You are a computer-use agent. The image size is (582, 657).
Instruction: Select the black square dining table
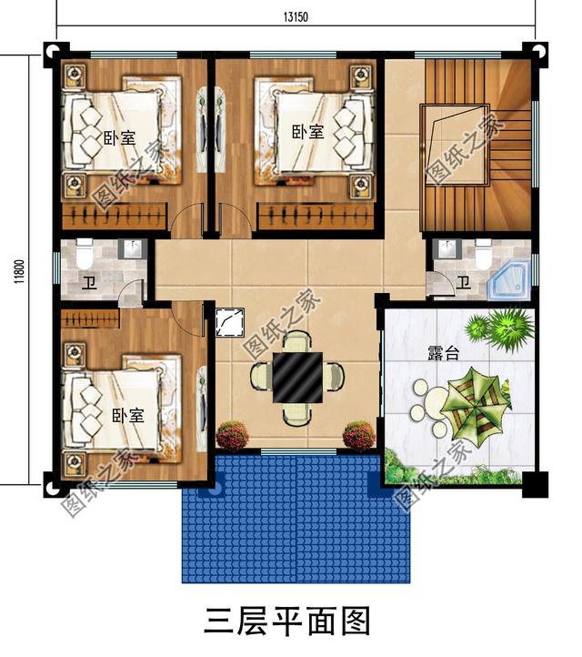(295, 375)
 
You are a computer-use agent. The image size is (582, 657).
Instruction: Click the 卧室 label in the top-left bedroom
(118, 138)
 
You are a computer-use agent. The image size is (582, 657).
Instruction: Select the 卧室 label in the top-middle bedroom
(307, 132)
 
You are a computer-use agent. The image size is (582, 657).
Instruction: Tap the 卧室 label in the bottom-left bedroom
(127, 415)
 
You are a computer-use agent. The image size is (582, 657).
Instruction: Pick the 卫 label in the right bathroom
(463, 283)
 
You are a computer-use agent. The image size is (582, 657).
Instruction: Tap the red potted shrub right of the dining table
(358, 433)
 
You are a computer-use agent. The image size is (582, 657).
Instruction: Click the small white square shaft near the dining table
(226, 323)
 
